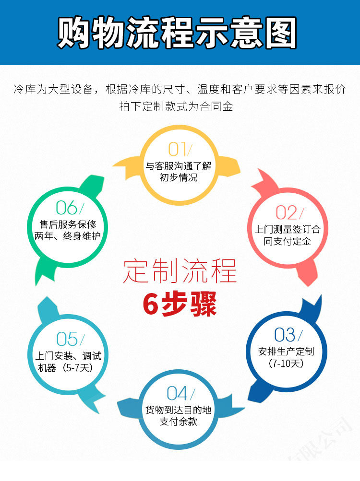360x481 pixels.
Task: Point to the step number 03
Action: coord(285,335)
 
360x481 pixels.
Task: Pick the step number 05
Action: coord(67,339)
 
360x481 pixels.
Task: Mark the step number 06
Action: coord(67,208)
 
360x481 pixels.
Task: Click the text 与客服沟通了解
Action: coord(179,166)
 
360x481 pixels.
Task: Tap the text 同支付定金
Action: coord(288,241)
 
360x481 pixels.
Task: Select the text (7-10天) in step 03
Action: coord(286,363)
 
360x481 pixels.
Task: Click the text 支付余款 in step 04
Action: coord(179,422)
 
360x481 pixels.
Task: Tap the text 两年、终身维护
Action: coord(67,236)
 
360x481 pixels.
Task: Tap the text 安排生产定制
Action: coord(286,351)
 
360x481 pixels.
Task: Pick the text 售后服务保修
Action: coord(68,224)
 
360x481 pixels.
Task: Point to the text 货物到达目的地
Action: coord(179,410)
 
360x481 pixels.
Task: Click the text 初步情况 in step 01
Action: coord(179,178)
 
